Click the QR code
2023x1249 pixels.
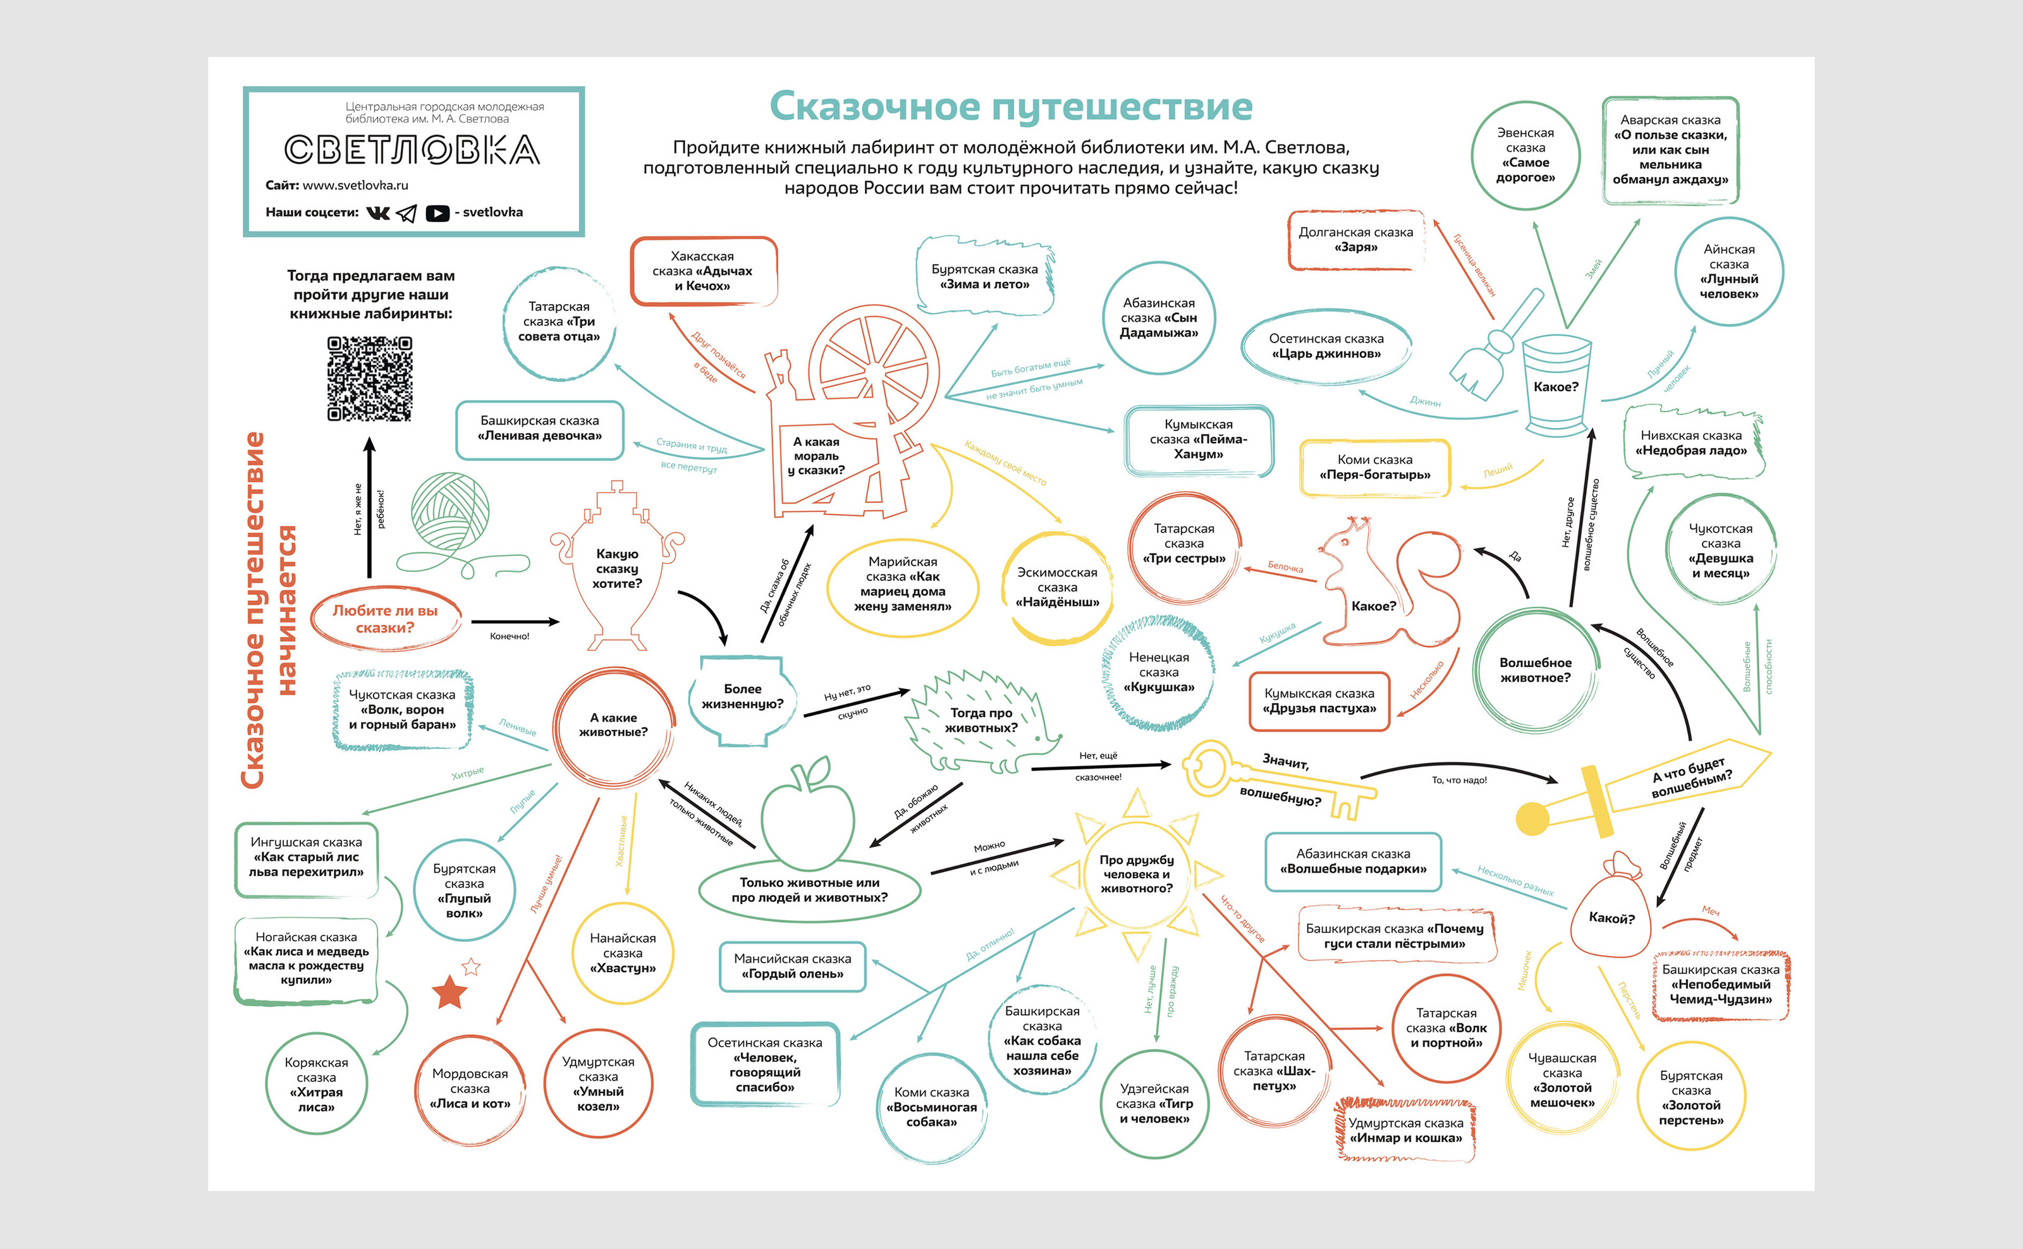(x=369, y=379)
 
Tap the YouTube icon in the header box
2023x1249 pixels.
(x=437, y=213)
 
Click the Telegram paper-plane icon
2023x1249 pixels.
(x=406, y=213)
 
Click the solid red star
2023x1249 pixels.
(x=449, y=992)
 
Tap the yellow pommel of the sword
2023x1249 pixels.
(x=1532, y=819)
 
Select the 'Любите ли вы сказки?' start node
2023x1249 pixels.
(x=385, y=619)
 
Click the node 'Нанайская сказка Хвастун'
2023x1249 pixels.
(x=623, y=953)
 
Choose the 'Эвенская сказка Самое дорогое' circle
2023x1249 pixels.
(x=1525, y=155)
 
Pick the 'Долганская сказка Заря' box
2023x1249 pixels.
(x=1355, y=240)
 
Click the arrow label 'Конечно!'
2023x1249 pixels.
(x=509, y=636)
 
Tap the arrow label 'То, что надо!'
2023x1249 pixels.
(x=1459, y=780)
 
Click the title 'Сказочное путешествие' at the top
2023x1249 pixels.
(x=1010, y=107)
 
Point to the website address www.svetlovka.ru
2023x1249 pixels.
(x=355, y=185)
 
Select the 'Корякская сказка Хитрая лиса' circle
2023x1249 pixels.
(x=316, y=1084)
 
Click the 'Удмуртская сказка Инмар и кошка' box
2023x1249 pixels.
(x=1405, y=1130)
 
